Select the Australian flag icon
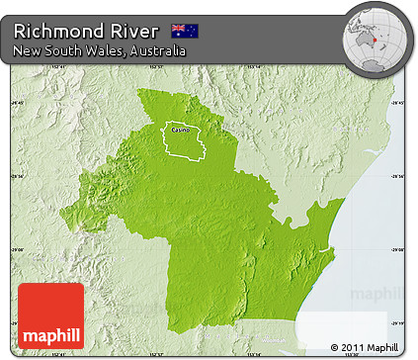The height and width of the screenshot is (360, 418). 184,31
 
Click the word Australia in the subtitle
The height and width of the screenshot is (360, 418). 157,50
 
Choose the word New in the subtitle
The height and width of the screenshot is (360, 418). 28,50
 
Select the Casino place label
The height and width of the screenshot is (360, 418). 179,129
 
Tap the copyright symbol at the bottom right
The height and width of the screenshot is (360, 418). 335,346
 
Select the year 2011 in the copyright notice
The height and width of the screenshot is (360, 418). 351,346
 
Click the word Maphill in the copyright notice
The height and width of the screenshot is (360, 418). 381,346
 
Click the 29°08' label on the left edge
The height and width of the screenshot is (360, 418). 19,250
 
